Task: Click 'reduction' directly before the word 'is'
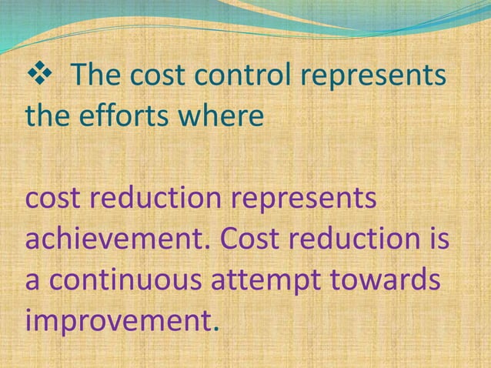[359, 239]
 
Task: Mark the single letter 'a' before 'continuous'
[34, 282]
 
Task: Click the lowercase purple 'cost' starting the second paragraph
[53, 199]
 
